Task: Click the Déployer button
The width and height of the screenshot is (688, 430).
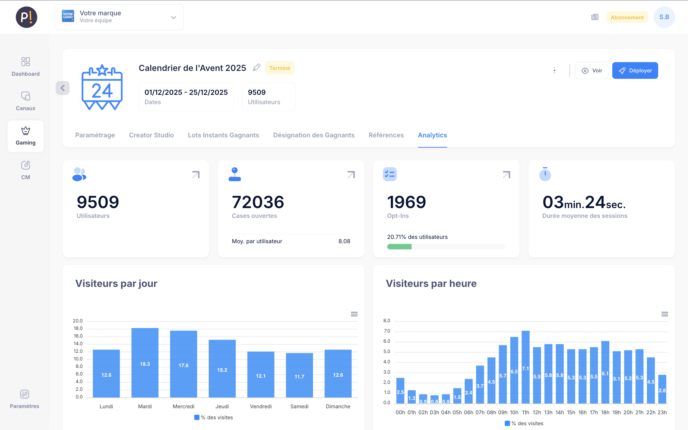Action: click(634, 70)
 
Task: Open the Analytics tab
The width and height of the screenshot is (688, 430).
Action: click(432, 135)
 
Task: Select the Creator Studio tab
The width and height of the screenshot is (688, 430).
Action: click(151, 135)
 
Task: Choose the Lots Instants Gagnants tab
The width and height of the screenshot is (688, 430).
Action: click(223, 135)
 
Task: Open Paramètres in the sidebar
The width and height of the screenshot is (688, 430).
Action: click(25, 399)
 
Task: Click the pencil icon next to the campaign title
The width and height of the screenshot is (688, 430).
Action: click(256, 68)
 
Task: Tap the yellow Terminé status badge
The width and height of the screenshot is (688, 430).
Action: click(279, 68)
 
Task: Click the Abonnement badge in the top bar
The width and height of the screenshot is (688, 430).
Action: click(627, 17)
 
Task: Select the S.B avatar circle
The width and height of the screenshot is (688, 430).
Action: click(664, 17)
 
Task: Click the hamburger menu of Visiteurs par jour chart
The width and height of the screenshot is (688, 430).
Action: click(354, 314)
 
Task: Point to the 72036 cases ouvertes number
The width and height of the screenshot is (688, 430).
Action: click(258, 202)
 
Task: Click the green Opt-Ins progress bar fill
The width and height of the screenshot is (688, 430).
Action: click(399, 247)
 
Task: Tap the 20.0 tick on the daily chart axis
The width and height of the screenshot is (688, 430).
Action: click(78, 321)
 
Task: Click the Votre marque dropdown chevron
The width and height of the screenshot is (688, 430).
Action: click(173, 17)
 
